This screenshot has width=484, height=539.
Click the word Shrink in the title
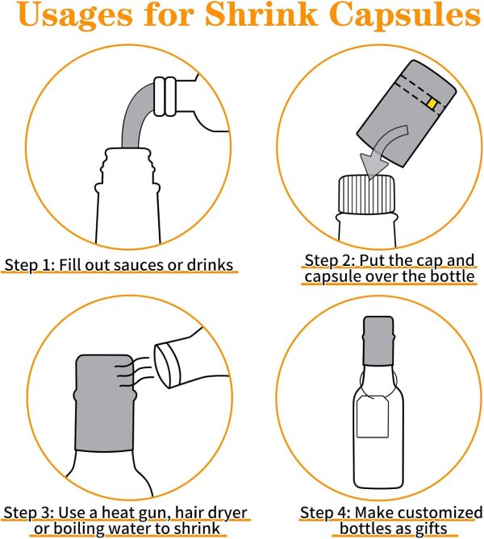[261, 15]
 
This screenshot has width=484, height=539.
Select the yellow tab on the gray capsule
[432, 103]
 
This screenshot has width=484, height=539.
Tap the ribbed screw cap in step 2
[366, 194]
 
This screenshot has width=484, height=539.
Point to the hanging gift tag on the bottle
[373, 417]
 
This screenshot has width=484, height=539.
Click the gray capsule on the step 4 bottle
[378, 341]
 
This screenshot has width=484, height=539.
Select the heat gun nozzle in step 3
[168, 365]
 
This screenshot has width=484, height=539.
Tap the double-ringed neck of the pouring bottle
[165, 97]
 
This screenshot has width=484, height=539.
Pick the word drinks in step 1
[210, 265]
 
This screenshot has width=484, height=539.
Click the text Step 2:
[329, 260]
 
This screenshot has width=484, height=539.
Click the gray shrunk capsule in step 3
[105, 403]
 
